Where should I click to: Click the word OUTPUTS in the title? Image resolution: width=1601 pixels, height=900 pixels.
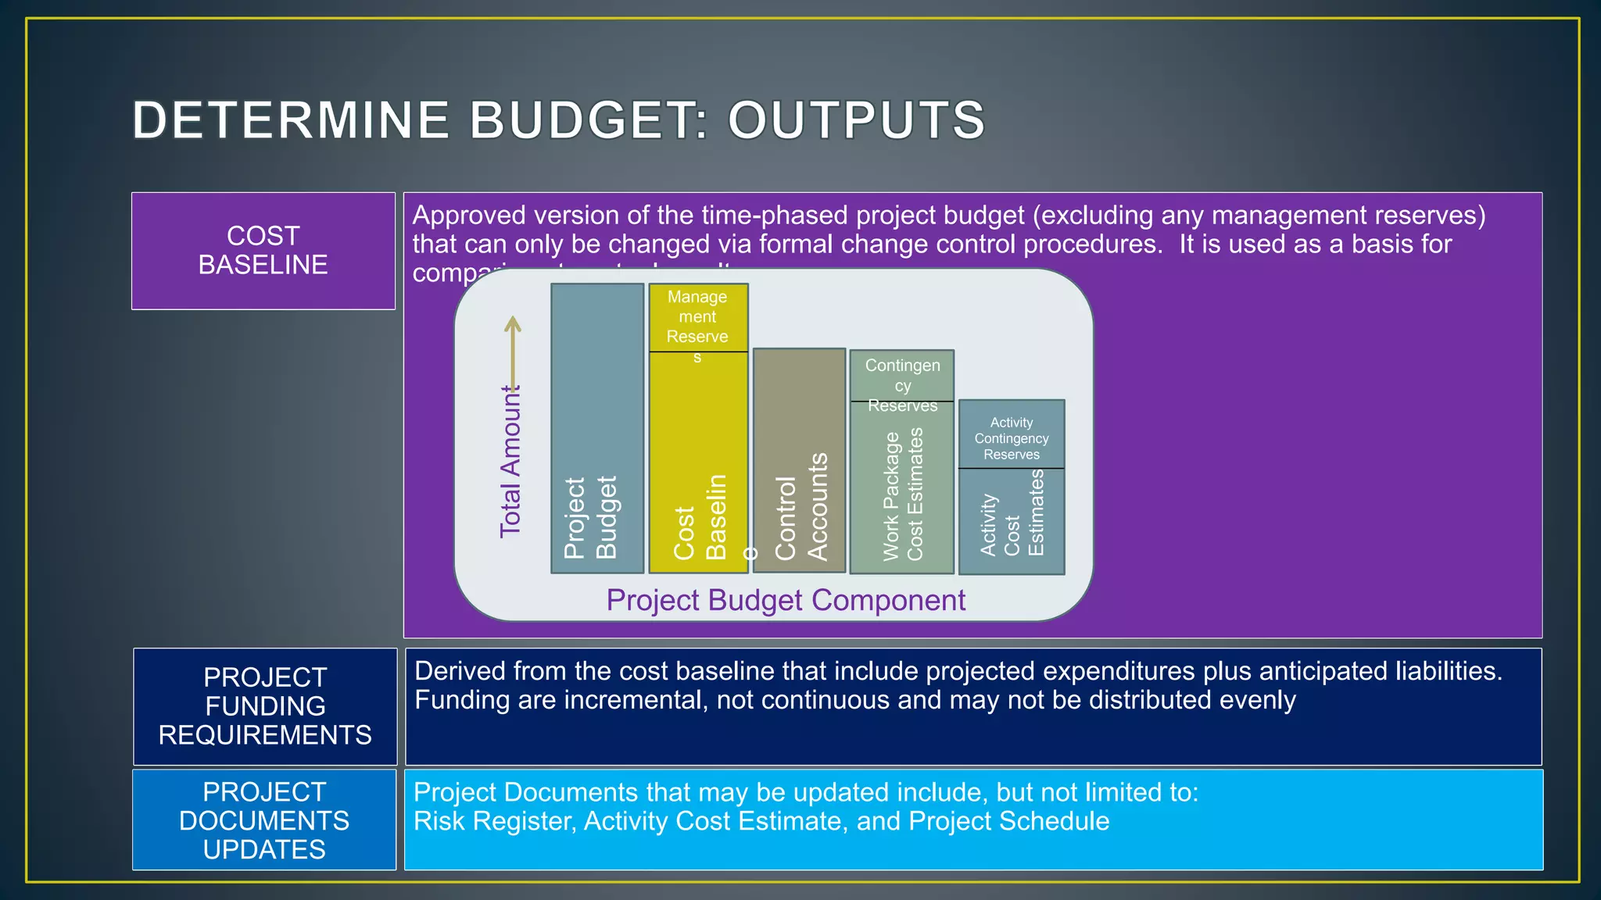(856, 120)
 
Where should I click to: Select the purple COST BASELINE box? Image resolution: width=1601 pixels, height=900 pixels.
(263, 251)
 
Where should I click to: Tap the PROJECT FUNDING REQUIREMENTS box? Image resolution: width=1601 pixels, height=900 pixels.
(265, 706)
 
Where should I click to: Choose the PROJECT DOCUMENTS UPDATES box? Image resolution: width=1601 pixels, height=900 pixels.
(264, 820)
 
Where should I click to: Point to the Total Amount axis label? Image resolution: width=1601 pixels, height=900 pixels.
(510, 461)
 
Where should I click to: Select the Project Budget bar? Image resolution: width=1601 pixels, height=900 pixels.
(597, 428)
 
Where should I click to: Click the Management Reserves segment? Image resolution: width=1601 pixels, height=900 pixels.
(698, 318)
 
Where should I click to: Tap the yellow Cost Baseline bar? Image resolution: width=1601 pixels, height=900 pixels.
(698, 461)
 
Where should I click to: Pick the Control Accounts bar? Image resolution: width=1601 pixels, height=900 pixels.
(799, 461)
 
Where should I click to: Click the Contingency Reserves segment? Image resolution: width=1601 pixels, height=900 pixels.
(902, 376)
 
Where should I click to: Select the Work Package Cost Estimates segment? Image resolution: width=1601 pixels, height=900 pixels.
(902, 488)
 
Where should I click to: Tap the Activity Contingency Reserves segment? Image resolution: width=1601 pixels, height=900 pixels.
(1012, 435)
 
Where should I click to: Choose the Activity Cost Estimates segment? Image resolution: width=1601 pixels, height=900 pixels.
(1012, 521)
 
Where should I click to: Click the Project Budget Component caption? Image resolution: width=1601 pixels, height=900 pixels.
(786, 600)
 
